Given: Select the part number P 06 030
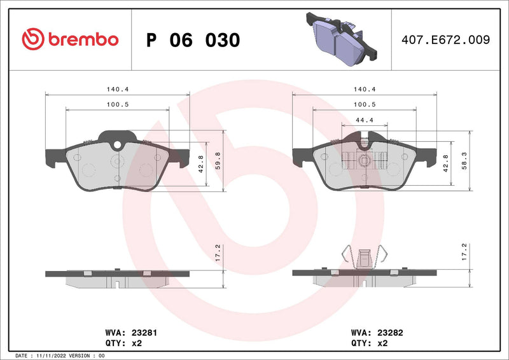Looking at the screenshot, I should click(193, 40).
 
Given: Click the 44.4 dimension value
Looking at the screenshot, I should click(363, 120).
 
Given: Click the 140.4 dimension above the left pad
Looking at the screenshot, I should click(118, 90).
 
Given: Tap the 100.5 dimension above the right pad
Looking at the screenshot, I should click(363, 104).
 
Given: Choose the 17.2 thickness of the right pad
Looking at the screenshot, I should click(464, 253).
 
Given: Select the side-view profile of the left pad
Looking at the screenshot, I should click(118, 274).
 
